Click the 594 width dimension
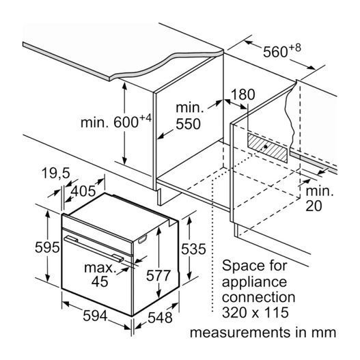coord(95,316)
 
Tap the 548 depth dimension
coord(160,318)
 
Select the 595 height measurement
coord(47,248)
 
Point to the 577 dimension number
coord(158,275)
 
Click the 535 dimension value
coord(193,249)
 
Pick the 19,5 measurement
coord(56,173)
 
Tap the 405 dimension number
coord(83,191)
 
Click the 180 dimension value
coord(243,94)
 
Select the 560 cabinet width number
coord(275,52)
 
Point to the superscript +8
coord(294,48)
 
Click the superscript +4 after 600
coord(146,118)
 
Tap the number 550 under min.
coord(189,124)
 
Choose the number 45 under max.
coord(100,281)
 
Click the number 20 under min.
coord(314,206)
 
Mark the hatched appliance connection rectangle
coord(267,148)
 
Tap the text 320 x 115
coord(255,312)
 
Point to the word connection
coord(258,297)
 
